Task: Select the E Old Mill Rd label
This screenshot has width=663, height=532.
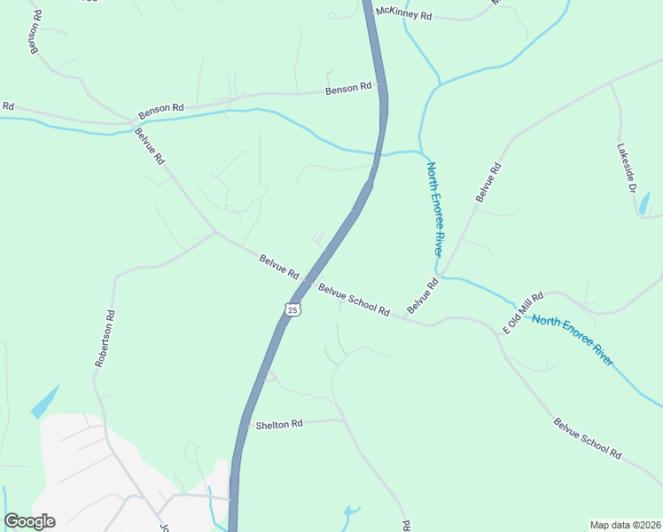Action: click(x=522, y=313)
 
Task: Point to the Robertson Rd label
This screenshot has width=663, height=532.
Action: click(x=105, y=338)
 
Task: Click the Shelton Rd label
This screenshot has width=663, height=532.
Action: click(x=279, y=425)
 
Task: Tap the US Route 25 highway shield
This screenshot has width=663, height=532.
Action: click(x=293, y=309)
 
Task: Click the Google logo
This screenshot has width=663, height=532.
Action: click(x=29, y=521)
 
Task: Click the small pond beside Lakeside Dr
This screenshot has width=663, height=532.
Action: click(x=643, y=203)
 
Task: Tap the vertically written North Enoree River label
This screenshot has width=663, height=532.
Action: click(x=434, y=208)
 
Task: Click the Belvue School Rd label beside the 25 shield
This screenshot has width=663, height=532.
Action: click(x=355, y=300)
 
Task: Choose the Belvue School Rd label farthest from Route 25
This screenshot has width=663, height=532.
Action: click(x=587, y=438)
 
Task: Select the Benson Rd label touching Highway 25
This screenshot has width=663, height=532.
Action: click(x=348, y=89)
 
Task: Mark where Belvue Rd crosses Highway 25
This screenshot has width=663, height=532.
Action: click(x=308, y=281)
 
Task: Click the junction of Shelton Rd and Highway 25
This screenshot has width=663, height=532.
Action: click(x=241, y=424)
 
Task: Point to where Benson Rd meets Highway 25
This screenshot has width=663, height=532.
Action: click(x=383, y=86)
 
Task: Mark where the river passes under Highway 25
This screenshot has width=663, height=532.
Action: click(x=379, y=154)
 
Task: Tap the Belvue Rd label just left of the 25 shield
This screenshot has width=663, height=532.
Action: click(x=279, y=267)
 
